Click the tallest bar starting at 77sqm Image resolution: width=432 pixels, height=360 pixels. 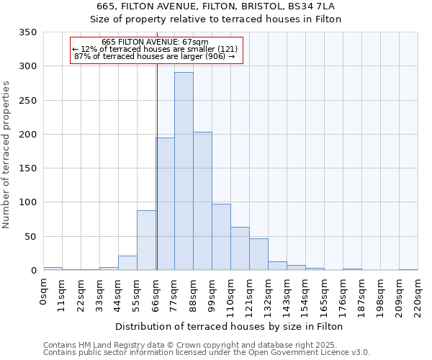tap(184, 171)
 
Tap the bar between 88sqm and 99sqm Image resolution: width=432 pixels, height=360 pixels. tap(202, 201)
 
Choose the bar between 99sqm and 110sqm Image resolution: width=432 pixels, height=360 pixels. tap(221, 237)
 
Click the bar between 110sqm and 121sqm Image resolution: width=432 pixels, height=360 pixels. tap(240, 248)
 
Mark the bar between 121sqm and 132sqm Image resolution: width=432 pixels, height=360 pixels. tap(258, 254)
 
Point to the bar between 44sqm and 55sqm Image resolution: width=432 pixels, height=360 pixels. tap(127, 263)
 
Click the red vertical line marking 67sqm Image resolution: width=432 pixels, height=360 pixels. tap(157, 166)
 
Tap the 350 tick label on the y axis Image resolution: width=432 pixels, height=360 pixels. tap(27, 32)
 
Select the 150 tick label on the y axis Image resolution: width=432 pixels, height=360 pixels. tap(27, 168)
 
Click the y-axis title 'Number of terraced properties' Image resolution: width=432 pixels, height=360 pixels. tap(6, 154)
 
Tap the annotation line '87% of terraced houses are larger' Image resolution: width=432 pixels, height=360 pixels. tap(155, 56)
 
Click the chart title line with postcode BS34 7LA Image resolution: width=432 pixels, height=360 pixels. tap(216, 6)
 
